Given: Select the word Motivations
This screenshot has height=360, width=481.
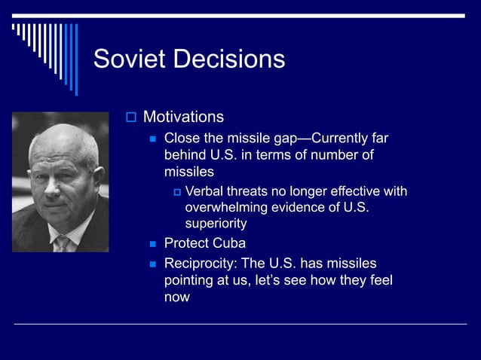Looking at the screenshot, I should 183,117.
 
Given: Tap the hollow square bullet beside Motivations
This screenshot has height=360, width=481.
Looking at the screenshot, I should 130,117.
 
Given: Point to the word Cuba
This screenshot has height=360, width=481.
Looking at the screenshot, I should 229,243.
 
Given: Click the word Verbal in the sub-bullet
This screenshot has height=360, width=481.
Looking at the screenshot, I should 205,191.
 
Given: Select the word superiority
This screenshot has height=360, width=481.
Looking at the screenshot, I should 216,224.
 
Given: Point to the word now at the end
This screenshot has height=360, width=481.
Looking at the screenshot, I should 176,297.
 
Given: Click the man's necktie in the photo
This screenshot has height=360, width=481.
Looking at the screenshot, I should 63,243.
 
